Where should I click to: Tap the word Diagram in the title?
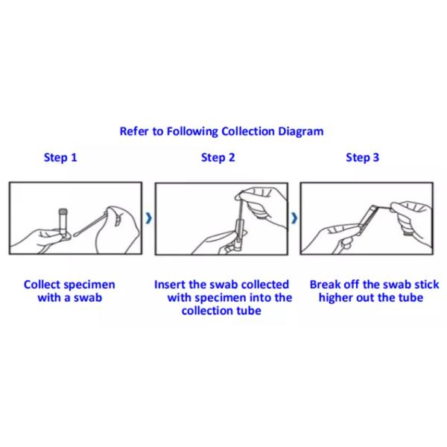tap(301, 132)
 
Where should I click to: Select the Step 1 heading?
tap(60, 158)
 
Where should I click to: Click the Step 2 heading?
tap(218, 158)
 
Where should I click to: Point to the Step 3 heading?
tap(362, 158)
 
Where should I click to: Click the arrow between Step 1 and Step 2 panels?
tap(148, 218)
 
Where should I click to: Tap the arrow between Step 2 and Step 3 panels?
tap(294, 218)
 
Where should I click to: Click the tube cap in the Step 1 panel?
tap(63, 212)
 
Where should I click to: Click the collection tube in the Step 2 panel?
tap(238, 235)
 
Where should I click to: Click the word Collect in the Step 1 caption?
tap(42, 285)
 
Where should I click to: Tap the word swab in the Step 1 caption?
tap(88, 297)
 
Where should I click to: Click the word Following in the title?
tap(192, 132)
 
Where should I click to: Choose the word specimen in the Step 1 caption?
tap(89, 285)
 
